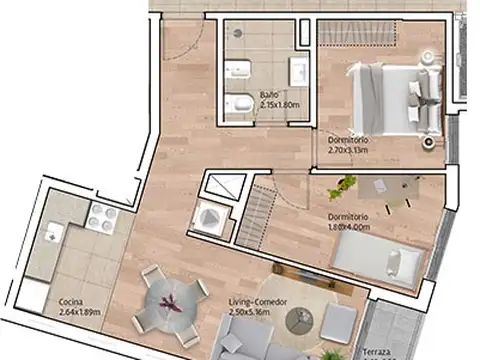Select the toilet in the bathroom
(x=239, y=104)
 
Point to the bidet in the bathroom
(x=239, y=70)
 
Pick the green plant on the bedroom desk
(x=344, y=184)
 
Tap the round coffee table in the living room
(x=300, y=321)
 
